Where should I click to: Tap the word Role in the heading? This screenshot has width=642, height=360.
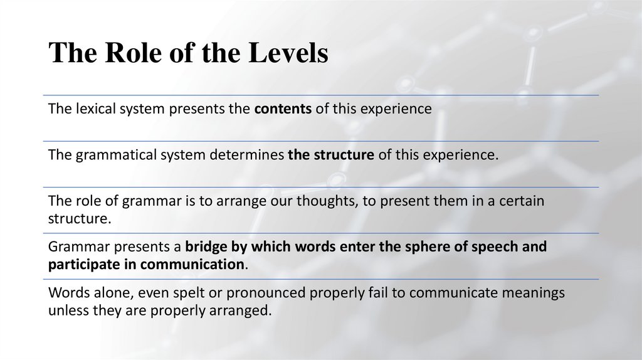pos(133,53)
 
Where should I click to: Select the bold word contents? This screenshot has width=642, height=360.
pos(283,109)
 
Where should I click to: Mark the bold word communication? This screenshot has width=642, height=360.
pos(192,264)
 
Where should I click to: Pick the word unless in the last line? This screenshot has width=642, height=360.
pos(67,310)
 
